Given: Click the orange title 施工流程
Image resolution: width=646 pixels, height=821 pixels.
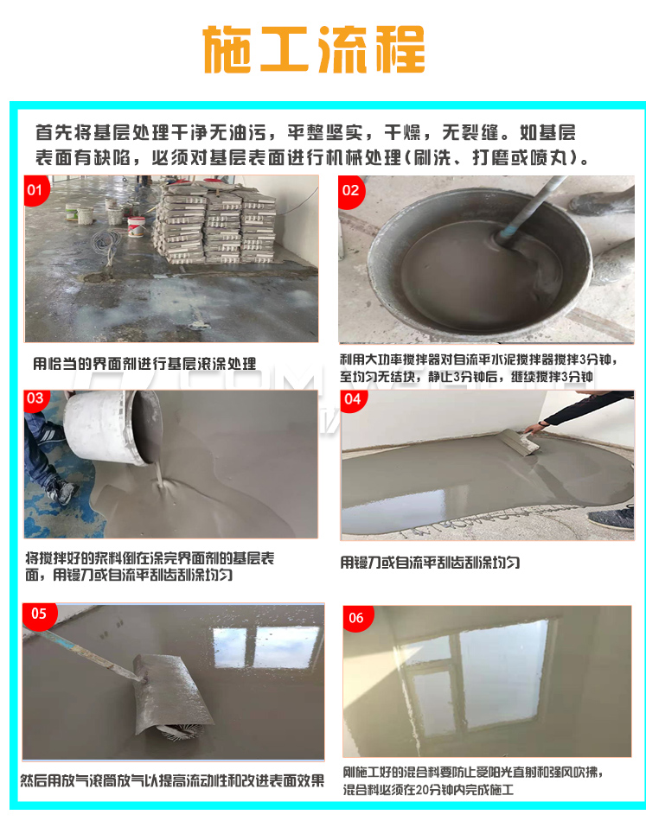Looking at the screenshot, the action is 313,49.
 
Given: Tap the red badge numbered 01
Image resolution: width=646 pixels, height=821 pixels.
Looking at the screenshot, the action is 35,189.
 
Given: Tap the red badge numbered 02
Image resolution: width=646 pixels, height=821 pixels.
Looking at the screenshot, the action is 351,191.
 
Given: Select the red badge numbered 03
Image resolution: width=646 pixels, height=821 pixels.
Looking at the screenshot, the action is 35,399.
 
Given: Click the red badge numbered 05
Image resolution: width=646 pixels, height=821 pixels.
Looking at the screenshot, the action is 39,615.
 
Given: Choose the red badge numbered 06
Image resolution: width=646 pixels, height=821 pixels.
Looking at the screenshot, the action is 357,619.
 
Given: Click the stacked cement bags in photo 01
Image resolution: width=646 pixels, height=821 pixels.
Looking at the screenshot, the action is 214,221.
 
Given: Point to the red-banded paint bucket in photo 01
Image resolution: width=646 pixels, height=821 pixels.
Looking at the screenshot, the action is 137,226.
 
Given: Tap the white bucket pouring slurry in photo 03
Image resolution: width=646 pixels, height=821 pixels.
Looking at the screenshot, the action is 113,427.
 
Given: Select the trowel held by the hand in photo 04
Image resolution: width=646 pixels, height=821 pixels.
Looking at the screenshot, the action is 519,442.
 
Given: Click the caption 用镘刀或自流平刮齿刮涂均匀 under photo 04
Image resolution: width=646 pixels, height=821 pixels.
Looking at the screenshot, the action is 430,563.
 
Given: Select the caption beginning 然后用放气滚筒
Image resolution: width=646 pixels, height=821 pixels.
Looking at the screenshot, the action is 172,780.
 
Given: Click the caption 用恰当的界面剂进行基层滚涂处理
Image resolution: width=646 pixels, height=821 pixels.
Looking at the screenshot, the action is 144,363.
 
